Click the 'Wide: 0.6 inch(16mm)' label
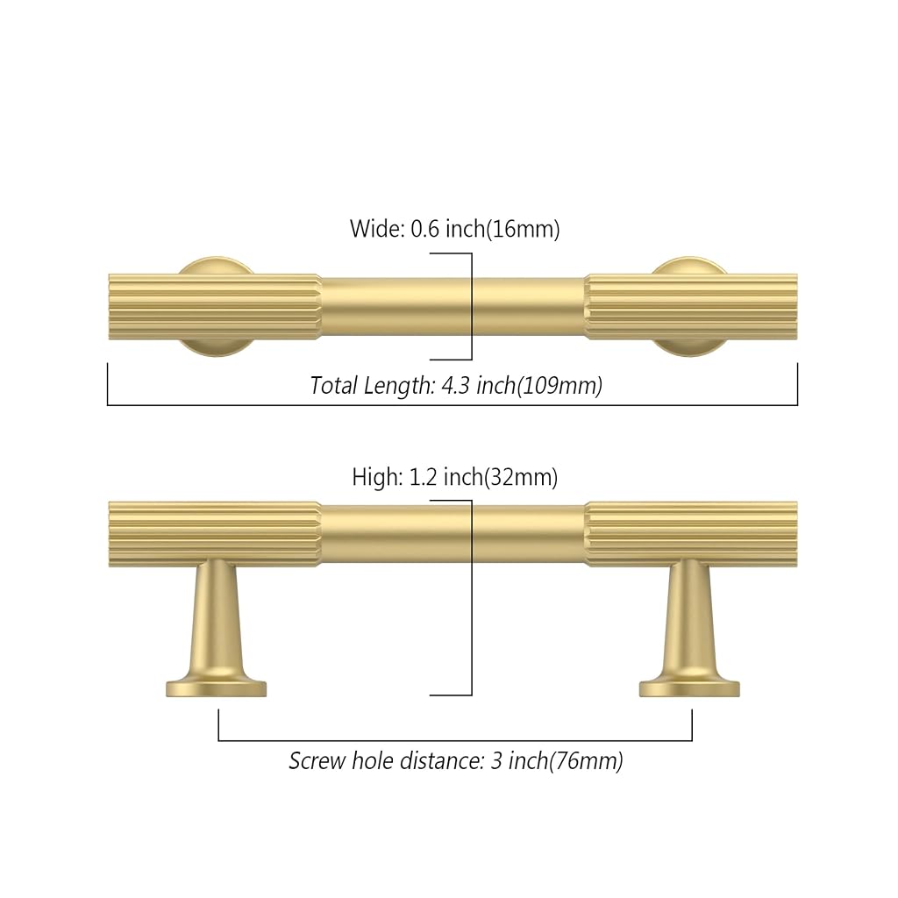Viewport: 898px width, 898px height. click(x=455, y=229)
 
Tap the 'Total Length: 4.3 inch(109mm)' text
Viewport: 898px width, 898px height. click(x=456, y=386)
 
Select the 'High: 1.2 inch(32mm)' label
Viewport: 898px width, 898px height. click(x=455, y=477)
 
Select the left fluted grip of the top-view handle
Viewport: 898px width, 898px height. click(x=214, y=307)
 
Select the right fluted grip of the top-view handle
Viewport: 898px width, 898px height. click(x=691, y=307)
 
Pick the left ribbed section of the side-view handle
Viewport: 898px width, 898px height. click(x=214, y=534)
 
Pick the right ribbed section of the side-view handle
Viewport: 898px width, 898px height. click(x=691, y=534)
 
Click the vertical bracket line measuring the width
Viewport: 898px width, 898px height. click(x=472, y=306)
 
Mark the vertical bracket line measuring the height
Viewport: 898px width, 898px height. click(x=472, y=597)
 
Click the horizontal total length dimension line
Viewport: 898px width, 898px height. click(x=453, y=405)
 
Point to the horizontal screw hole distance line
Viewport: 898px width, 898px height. click(x=455, y=740)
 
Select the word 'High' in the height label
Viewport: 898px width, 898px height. click(x=374, y=477)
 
